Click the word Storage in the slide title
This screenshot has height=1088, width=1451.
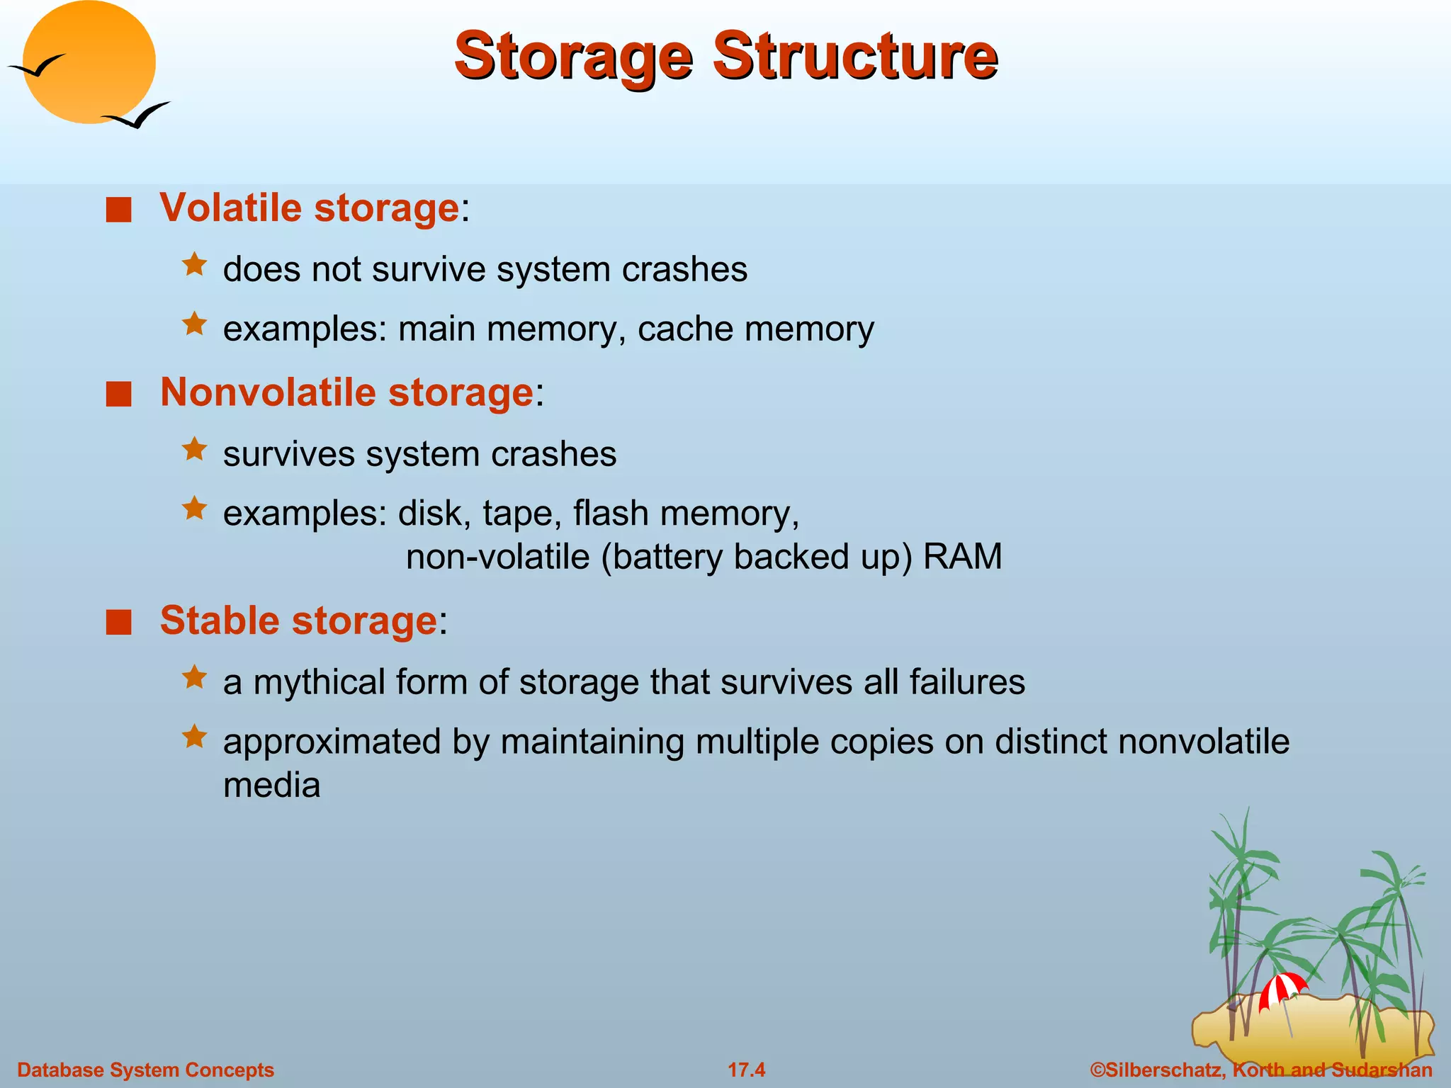573,57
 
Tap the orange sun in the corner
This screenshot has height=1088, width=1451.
89,62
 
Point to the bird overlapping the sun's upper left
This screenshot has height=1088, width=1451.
37,66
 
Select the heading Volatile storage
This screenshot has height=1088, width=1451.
310,208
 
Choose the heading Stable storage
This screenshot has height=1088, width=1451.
298,620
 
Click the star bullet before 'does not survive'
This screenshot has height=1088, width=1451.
194,266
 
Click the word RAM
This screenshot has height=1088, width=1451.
963,557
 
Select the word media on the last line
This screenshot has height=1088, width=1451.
271,785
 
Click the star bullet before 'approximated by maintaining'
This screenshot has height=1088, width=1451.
194,737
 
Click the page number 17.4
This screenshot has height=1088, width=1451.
747,1070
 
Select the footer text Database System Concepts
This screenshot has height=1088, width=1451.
145,1070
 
